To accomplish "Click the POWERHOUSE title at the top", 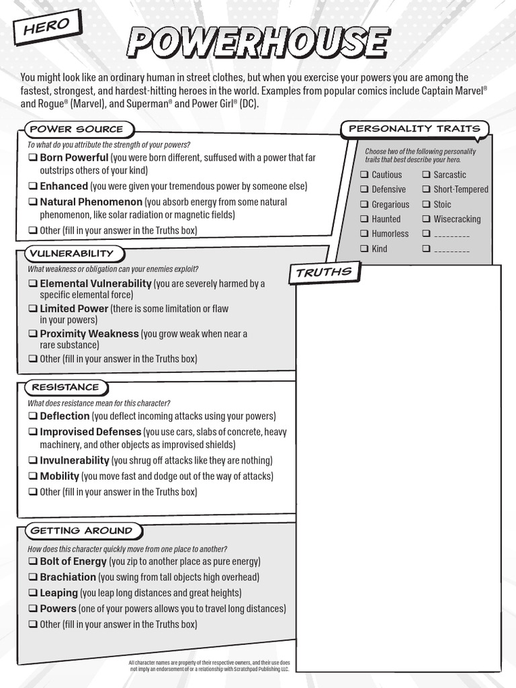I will point(258,42).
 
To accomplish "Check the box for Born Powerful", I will point(32,158).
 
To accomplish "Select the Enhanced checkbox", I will point(32,187).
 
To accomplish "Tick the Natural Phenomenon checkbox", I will point(32,202).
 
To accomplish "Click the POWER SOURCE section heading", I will point(77,129).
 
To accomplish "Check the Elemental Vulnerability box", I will point(32,284).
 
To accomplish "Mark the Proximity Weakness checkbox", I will point(32,334).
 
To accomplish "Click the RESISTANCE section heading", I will point(65,387).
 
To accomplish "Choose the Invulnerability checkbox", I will point(32,461).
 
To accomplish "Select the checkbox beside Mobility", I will point(32,476).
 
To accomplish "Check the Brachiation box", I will point(32,577).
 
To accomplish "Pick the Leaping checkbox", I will point(32,593).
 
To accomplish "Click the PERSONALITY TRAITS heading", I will point(414,128).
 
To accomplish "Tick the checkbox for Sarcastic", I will point(426,175).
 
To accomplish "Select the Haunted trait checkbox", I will point(364,219).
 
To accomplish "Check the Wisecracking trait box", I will point(426,219).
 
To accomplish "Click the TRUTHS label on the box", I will point(324,272).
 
